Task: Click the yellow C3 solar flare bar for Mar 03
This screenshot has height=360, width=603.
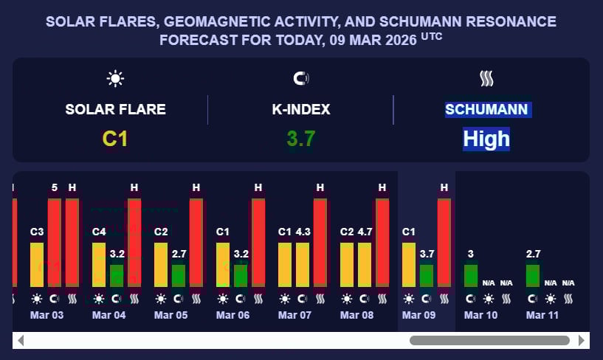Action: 37,264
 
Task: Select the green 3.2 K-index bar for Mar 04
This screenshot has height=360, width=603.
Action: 117,275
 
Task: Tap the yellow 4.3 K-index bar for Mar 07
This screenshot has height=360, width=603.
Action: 303,264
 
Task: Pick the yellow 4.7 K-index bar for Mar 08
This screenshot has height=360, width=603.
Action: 365,264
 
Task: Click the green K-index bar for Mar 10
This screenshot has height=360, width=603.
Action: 471,275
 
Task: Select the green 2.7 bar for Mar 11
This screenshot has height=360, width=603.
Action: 533,275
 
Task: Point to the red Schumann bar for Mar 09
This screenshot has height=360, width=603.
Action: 444,242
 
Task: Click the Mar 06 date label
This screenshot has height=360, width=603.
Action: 232,315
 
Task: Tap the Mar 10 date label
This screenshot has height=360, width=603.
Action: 480,315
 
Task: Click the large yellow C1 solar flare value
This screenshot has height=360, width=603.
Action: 115,138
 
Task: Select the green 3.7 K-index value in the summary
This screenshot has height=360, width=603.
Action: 300,138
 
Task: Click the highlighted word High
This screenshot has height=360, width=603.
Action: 486,138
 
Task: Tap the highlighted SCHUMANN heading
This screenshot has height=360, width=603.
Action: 486,110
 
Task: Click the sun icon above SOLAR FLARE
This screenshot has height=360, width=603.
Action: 115,78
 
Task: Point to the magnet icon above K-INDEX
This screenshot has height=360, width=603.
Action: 300,78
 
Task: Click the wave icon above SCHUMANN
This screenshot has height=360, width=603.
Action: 486,78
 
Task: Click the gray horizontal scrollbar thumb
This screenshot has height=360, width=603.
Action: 489,340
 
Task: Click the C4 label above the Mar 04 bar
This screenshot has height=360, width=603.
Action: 99,232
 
